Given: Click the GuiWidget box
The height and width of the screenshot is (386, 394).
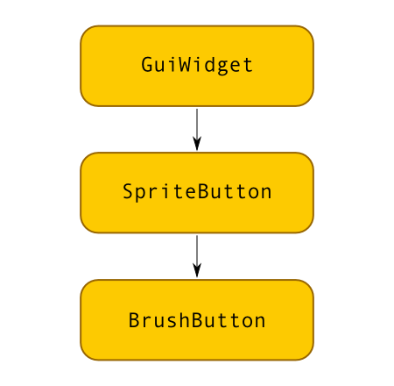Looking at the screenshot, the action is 197,66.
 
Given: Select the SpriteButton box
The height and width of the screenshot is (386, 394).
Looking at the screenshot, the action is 197,192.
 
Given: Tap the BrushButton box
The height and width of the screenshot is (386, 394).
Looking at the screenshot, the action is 197,319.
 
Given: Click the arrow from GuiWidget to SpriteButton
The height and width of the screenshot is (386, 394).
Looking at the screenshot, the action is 197,130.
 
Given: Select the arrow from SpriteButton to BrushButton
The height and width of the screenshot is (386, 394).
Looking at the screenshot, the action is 197,256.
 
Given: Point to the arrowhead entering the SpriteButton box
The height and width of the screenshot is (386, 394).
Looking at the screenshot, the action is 197,144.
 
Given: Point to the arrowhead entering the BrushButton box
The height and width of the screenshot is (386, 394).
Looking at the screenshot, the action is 197,270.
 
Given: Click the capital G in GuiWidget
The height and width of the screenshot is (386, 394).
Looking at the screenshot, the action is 147,65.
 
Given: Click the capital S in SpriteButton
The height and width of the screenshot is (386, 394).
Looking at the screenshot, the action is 129,191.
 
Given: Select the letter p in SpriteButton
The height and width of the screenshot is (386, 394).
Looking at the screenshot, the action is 141,195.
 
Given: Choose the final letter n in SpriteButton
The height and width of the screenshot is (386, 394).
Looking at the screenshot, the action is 266,193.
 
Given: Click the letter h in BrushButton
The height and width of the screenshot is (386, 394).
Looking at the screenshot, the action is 185,319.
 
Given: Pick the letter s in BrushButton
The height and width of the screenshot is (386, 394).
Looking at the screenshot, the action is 172,321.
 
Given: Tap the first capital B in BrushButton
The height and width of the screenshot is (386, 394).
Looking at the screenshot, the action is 135,320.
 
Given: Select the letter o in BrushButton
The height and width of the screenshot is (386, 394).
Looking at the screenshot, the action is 248,321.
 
